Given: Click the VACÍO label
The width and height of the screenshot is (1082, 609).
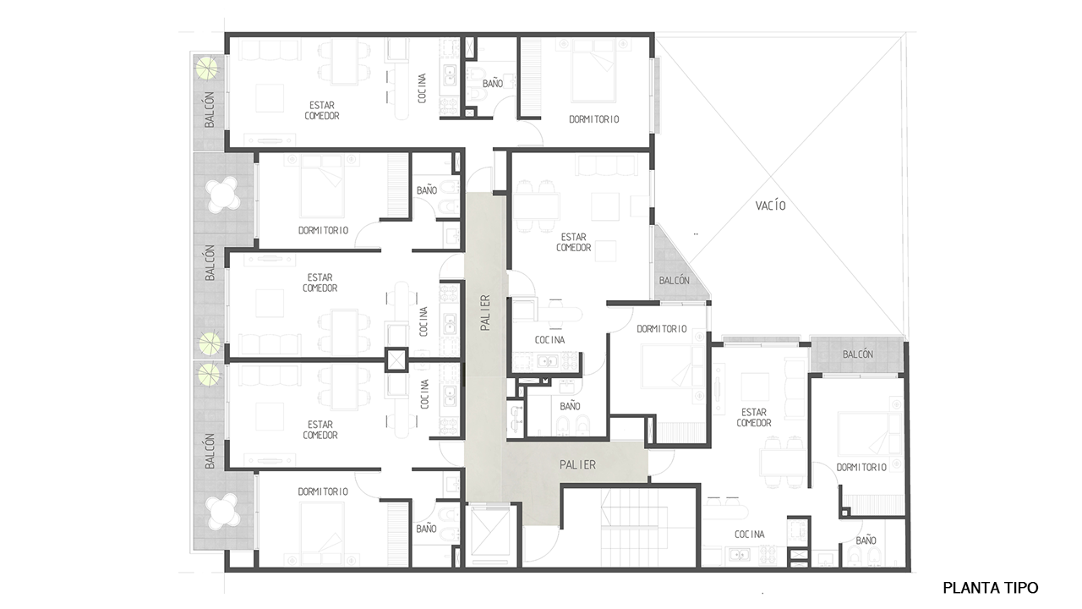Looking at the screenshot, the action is [x=770, y=206].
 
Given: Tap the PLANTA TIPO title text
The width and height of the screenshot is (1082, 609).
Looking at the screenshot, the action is [x=990, y=588].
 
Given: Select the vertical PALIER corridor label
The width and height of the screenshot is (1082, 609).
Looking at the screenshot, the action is [x=485, y=313].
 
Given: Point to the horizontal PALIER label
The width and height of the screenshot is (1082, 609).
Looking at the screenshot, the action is [x=577, y=465].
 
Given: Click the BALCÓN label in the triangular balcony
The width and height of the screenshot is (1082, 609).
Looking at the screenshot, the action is [x=675, y=280].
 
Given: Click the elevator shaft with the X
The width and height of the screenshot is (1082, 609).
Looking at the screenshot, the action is [x=490, y=533].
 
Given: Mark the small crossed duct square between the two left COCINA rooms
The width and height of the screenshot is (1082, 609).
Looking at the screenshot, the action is [x=396, y=360].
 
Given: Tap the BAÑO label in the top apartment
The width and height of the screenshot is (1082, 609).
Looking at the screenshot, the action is [x=493, y=84].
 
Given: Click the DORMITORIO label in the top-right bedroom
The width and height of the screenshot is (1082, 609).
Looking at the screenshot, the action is [x=593, y=119].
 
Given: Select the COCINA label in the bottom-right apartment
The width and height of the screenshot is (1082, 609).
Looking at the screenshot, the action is [x=750, y=534].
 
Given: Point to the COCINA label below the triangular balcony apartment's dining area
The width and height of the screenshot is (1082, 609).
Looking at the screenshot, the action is [x=549, y=340].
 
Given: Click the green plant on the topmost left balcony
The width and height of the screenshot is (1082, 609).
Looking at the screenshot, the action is [x=208, y=69].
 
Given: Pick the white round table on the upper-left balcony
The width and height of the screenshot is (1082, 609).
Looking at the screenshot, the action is [x=223, y=195].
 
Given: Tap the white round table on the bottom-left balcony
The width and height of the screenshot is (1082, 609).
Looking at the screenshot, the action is [x=223, y=512].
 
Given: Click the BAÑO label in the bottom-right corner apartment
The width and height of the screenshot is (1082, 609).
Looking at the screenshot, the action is [x=866, y=540].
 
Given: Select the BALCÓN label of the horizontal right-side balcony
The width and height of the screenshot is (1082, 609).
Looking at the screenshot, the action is [x=858, y=354].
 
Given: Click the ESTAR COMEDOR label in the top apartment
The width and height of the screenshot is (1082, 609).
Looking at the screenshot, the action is [x=322, y=111].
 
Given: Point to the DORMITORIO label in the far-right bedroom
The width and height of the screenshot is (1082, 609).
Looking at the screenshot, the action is [x=861, y=468].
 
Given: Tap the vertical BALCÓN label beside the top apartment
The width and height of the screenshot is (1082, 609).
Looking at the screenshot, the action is [x=209, y=110].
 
